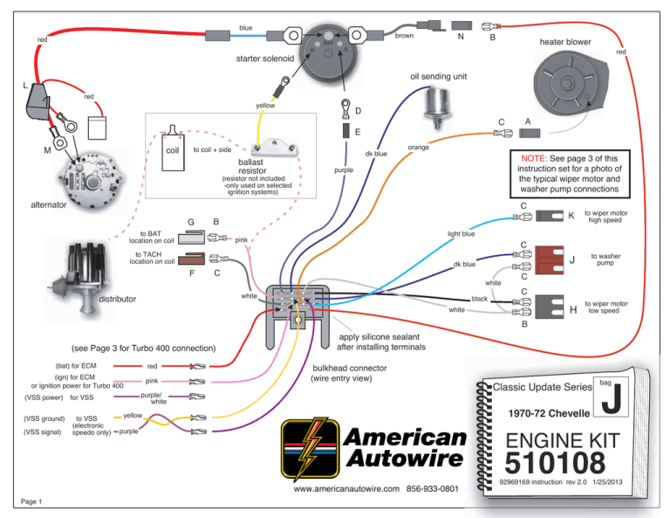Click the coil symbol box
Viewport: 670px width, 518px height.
pyautogui.click(x=171, y=149)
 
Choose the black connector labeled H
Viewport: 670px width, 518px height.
pyautogui.click(x=549, y=307)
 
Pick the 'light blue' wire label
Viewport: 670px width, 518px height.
pyautogui.click(x=461, y=234)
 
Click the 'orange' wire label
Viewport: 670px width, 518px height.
pyautogui.click(x=418, y=148)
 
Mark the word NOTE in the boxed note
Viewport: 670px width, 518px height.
pyautogui.click(x=533, y=157)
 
